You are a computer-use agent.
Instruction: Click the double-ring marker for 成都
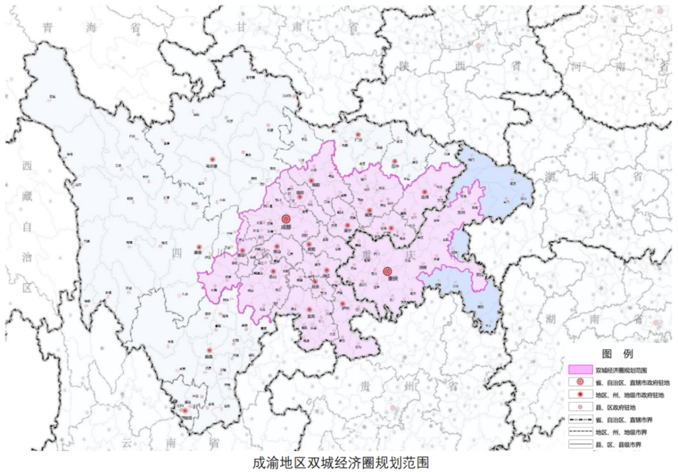286,219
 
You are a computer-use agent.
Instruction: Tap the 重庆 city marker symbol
387,271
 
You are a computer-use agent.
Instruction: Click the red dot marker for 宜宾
309,309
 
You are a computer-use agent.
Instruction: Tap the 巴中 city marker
395,161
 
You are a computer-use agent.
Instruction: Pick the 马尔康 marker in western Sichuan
212,159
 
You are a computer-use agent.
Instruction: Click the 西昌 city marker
209,350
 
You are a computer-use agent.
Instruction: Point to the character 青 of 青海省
47,27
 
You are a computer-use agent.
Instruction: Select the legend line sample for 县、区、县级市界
580,444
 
